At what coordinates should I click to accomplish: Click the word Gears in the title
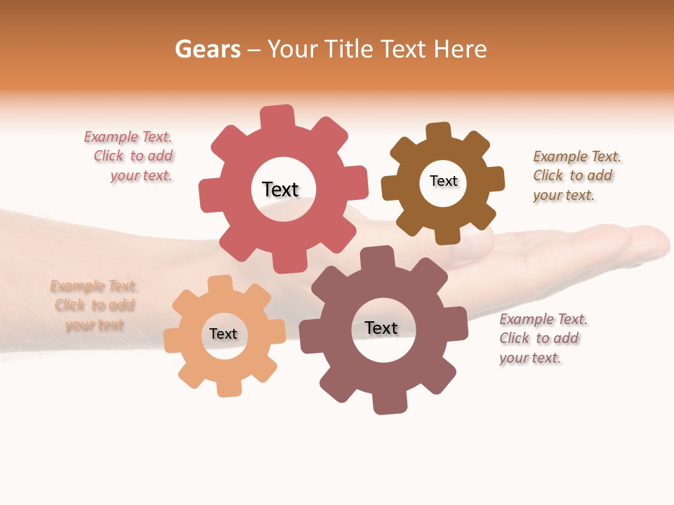pyautogui.click(x=208, y=49)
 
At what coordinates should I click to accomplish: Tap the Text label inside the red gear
pyautogui.click(x=280, y=189)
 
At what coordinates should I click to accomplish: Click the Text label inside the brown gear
pyautogui.click(x=443, y=181)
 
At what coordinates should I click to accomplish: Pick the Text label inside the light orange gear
pyautogui.click(x=223, y=334)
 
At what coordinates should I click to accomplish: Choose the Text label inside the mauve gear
pyautogui.click(x=381, y=328)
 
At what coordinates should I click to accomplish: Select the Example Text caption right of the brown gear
pyautogui.click(x=576, y=175)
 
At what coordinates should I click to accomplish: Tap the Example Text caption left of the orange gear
pyautogui.click(x=94, y=305)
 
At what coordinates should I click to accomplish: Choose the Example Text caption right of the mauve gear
pyautogui.click(x=542, y=338)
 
